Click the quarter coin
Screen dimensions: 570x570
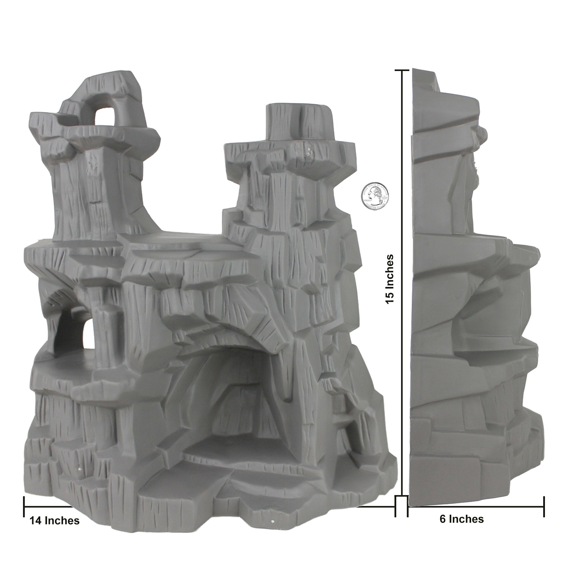point(375,196)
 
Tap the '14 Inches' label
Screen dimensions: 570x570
point(55,521)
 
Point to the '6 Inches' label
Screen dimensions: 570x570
point(462,519)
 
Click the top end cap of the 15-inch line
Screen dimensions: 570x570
point(402,70)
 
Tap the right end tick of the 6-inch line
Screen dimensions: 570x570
point(544,506)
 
